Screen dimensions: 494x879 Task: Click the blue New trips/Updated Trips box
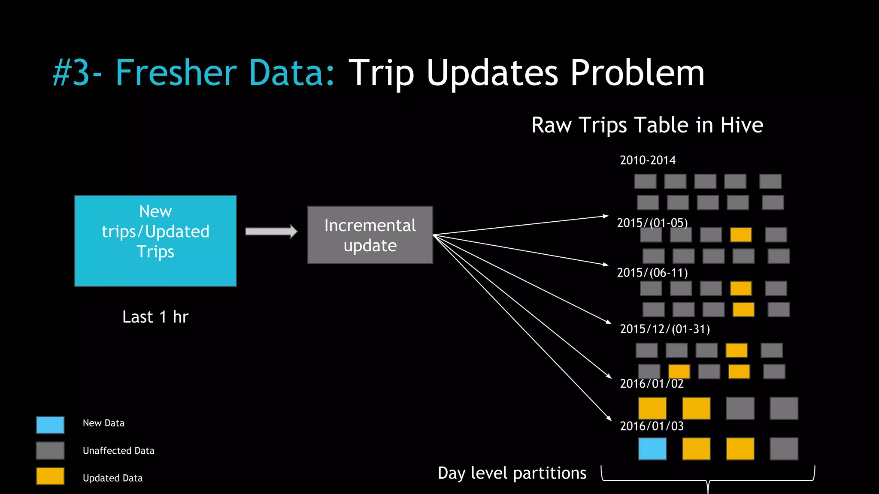pyautogui.click(x=155, y=241)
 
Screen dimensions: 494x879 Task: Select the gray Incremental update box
pyautogui.click(x=370, y=235)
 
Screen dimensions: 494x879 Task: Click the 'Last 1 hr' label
pyautogui.click(x=155, y=317)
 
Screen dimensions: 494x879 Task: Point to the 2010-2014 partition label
pyautogui.click(x=648, y=160)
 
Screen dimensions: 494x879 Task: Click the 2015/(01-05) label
pyautogui.click(x=652, y=223)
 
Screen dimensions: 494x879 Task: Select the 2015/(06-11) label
pyautogui.click(x=652, y=273)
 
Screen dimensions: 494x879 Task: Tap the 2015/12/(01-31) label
pyautogui.click(x=665, y=329)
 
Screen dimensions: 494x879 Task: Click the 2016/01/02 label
pyautogui.click(x=652, y=383)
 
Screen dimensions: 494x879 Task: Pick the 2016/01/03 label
pyautogui.click(x=652, y=426)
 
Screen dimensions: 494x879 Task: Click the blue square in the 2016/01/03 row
pyautogui.click(x=652, y=449)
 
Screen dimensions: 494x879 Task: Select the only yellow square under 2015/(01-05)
pyautogui.click(x=741, y=235)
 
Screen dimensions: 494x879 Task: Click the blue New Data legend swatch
pyautogui.click(x=50, y=425)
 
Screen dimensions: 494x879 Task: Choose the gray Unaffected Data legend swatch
pyautogui.click(x=50, y=451)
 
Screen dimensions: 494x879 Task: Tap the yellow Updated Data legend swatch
pyautogui.click(x=50, y=476)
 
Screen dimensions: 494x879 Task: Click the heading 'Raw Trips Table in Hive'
pyautogui.click(x=647, y=125)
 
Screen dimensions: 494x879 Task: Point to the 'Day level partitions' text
pyautogui.click(x=512, y=473)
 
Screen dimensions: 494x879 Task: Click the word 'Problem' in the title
pyautogui.click(x=637, y=73)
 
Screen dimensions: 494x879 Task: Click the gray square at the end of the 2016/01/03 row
pyautogui.click(x=784, y=449)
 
